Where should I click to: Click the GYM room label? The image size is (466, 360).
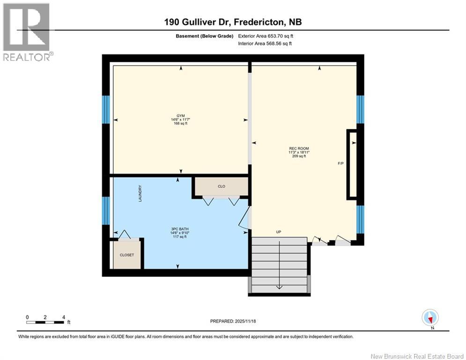(x=180, y=115)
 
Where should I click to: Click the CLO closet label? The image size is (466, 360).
(x=222, y=187)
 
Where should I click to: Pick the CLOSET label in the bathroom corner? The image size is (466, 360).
(x=126, y=255)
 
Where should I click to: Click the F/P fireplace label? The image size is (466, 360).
(x=341, y=164)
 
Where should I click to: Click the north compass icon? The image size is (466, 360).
(x=429, y=317)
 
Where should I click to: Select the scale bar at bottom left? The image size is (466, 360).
(x=45, y=322)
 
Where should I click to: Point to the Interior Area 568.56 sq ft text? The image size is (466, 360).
(x=265, y=44)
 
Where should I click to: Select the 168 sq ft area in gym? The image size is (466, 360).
(x=180, y=124)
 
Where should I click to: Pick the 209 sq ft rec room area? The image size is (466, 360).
(x=298, y=157)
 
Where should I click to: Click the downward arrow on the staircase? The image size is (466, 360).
(x=279, y=287)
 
